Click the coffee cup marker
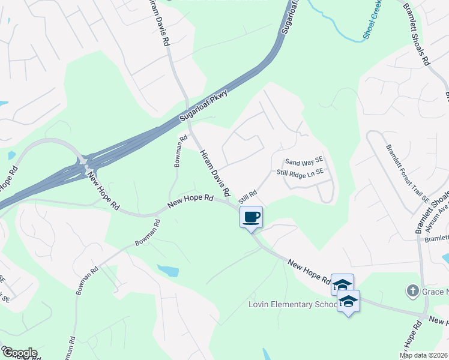[x=251, y=217]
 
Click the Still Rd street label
[x=247, y=197]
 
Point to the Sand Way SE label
[x=304, y=161]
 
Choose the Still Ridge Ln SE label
[x=300, y=172]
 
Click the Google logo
[x=19, y=352]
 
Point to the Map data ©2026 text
[x=423, y=355]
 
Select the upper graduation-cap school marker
[x=342, y=284]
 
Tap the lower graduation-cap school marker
[x=348, y=301]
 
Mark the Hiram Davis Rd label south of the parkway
[x=215, y=173]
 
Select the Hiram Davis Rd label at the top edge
[x=159, y=24]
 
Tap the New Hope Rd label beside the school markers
[x=309, y=271]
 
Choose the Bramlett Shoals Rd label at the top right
[x=419, y=33]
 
